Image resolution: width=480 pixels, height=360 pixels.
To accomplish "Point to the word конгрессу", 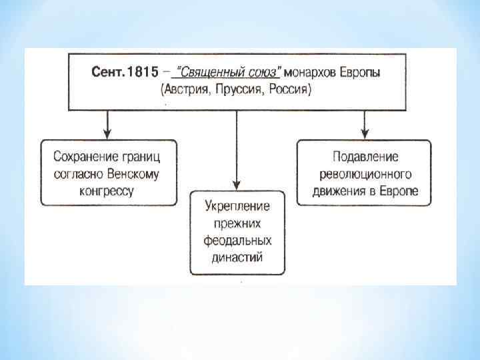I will click(x=109, y=191).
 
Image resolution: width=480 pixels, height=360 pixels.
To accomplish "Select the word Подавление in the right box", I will click(x=365, y=157).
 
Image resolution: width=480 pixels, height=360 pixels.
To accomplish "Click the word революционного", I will click(x=365, y=174).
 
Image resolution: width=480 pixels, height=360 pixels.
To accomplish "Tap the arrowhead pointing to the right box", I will click(x=364, y=134).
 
